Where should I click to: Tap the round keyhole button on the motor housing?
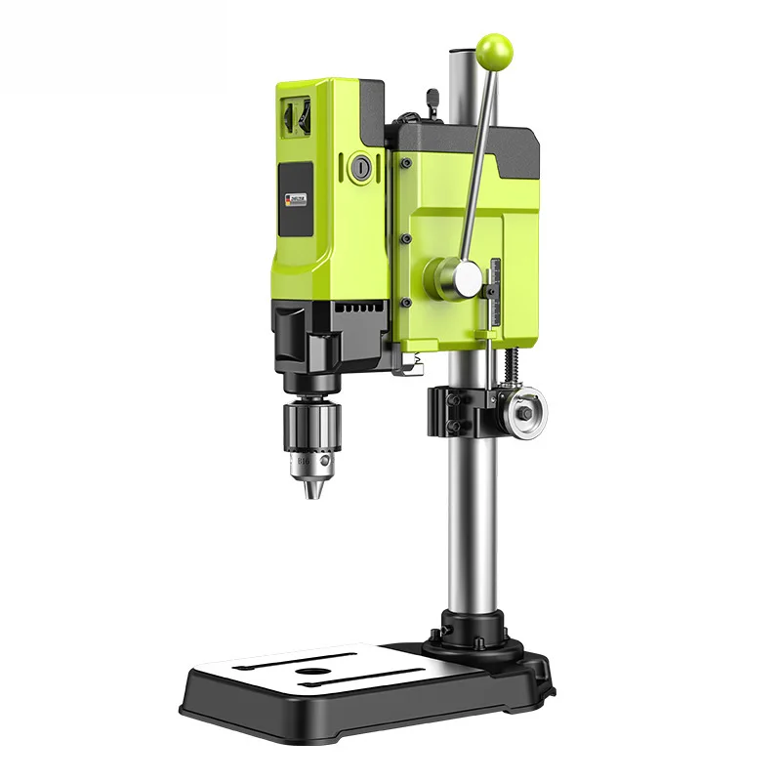coord(361,168)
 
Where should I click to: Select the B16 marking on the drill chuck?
coord(305,456)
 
